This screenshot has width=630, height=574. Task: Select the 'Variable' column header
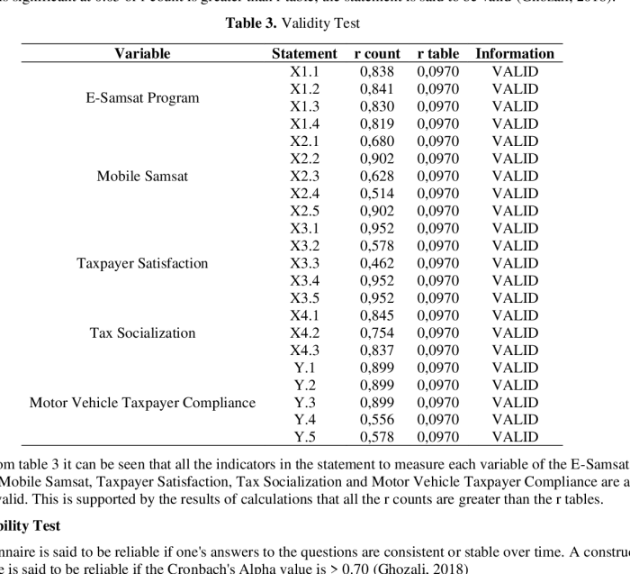tap(142, 54)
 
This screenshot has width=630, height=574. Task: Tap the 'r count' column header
tap(378, 54)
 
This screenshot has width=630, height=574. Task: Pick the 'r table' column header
tap(438, 54)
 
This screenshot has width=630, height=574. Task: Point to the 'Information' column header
tap(515, 54)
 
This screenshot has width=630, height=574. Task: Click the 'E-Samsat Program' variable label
tap(142, 97)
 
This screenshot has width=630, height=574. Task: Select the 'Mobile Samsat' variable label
tap(142, 176)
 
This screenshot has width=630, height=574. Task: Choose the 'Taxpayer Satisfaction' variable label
tap(142, 263)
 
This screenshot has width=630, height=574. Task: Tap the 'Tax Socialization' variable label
tap(142, 333)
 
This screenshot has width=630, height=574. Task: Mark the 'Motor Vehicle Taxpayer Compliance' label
tap(142, 402)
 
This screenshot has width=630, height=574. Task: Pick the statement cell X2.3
tap(304, 176)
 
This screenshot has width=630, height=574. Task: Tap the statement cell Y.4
tap(304, 420)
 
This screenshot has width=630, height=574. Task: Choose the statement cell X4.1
tap(304, 315)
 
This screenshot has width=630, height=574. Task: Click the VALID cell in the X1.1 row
tap(515, 71)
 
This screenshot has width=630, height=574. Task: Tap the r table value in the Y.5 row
tap(438, 437)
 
